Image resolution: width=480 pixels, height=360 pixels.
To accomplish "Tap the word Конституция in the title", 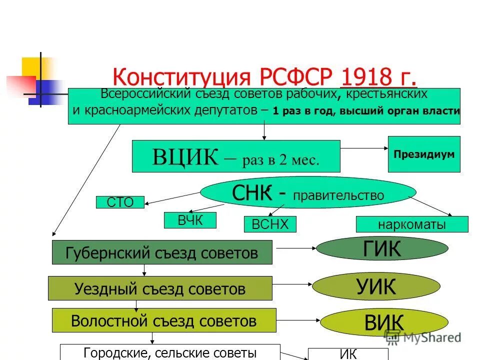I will click(x=181, y=77).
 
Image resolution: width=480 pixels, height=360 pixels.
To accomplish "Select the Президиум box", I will click(x=424, y=154).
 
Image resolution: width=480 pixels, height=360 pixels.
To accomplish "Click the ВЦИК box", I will click(x=235, y=156).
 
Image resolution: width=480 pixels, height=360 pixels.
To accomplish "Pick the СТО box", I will click(x=120, y=202).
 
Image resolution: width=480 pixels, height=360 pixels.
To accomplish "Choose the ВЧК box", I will click(x=190, y=220).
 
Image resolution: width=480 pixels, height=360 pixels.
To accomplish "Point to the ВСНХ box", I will click(x=270, y=224).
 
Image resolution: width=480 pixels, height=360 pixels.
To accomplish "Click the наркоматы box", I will click(x=412, y=224).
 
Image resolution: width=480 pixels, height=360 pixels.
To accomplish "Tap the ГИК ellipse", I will click(x=382, y=248).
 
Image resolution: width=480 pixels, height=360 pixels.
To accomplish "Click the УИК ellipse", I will click(x=376, y=286).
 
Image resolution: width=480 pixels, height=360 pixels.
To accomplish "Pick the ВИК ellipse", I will click(x=384, y=322).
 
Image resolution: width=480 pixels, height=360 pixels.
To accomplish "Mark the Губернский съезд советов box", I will click(x=162, y=252).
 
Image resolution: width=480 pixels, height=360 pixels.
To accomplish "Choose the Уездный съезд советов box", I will click(x=160, y=288).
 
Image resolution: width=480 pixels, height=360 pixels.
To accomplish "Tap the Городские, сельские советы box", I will click(x=170, y=352).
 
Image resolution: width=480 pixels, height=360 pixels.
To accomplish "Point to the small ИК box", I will click(x=348, y=354).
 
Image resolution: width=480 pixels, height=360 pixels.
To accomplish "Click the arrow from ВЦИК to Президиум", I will click(x=364, y=148).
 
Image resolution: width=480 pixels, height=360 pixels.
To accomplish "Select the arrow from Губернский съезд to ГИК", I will click(x=294, y=247).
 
